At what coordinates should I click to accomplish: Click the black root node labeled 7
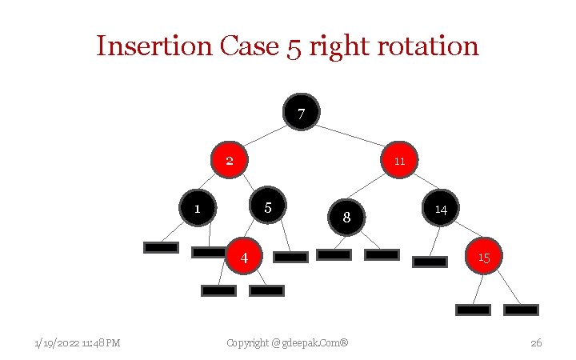pyautogui.click(x=301, y=112)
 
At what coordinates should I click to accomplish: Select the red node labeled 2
pyautogui.click(x=229, y=160)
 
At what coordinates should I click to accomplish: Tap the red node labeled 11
pyautogui.click(x=399, y=160)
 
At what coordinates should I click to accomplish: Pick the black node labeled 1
pyautogui.click(x=198, y=208)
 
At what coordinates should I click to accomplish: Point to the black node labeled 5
pyautogui.click(x=268, y=206)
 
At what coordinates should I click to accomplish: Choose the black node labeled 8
pyautogui.click(x=346, y=217)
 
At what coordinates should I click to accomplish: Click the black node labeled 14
pyautogui.click(x=440, y=208)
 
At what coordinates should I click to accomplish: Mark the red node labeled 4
pyautogui.click(x=244, y=256)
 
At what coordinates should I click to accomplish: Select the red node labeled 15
pyautogui.click(x=483, y=256)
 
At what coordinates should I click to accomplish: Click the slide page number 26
pyautogui.click(x=536, y=343)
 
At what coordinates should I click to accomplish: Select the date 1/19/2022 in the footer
pyautogui.click(x=57, y=343)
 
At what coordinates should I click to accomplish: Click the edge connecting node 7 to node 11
pyautogui.click(x=352, y=136)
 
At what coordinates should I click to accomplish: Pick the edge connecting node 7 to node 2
pyautogui.click(x=264, y=135)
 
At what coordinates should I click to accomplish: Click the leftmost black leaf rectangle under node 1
pyautogui.click(x=161, y=247)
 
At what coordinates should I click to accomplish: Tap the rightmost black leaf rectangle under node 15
pyautogui.click(x=521, y=310)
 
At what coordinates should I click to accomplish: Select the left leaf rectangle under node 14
pyautogui.click(x=430, y=261)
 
